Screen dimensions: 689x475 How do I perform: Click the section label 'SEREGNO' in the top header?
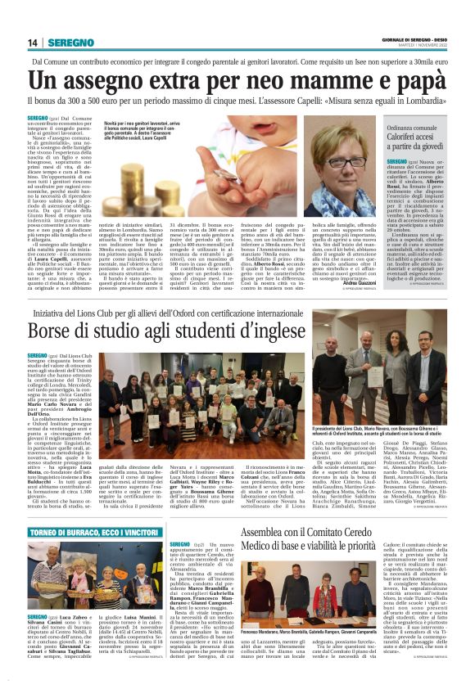(x=68, y=43)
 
